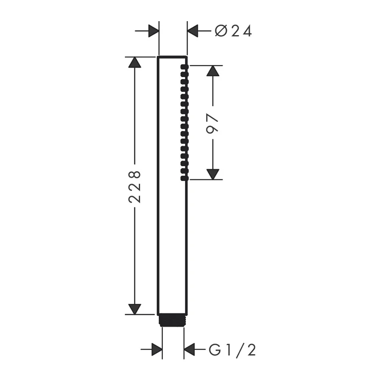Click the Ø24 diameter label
233,31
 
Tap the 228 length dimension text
135,187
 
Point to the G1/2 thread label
232,350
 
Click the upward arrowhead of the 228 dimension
135,63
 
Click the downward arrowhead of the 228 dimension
135,309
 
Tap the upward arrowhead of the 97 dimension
213,71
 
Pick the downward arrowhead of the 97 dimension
213,174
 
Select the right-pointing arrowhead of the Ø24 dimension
153,31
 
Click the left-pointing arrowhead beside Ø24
193,31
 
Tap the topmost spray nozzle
184,67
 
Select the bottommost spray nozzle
184,178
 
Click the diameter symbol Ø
221,31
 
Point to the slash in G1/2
241,350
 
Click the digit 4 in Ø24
246,31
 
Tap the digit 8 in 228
135,174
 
